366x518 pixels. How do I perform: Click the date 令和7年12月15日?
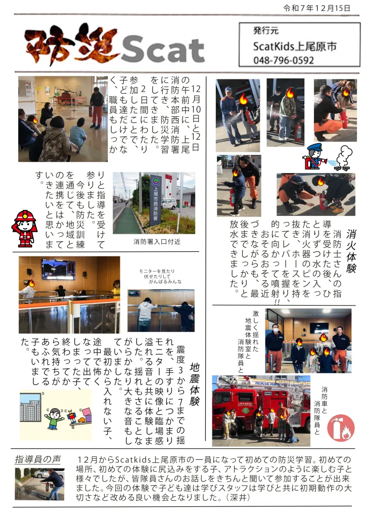317,8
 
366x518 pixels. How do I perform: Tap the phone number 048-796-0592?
284,60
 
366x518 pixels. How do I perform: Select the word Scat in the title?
163,50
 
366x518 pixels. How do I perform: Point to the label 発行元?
266,31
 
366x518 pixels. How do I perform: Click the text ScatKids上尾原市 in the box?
295,46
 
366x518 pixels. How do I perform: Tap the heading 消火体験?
351,251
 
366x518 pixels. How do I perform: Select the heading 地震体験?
195,384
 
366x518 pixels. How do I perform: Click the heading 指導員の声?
38,459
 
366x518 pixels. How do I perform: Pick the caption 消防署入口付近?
157,241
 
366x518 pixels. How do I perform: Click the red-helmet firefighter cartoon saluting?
24,229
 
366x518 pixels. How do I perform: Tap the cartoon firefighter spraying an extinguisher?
315,157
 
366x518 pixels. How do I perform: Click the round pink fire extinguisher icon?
341,428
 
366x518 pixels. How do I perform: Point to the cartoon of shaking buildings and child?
56,415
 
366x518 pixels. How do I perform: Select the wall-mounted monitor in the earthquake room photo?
58,269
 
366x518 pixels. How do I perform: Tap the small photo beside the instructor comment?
39,484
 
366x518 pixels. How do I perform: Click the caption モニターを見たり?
157,271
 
